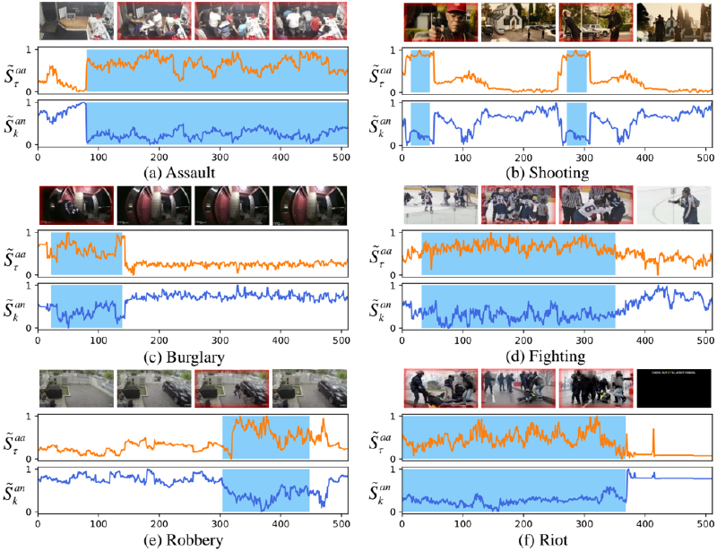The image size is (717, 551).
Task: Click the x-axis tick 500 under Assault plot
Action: (x=341, y=156)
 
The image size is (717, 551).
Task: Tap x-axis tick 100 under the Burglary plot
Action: (x=98, y=340)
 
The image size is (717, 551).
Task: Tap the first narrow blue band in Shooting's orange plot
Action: (x=419, y=71)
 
